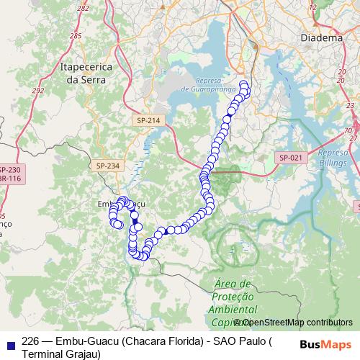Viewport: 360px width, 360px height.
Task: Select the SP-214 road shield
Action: (148, 121)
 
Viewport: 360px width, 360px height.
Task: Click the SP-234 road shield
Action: (107, 166)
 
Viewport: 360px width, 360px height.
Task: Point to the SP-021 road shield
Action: (290, 157)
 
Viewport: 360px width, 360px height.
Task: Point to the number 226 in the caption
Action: (30, 341)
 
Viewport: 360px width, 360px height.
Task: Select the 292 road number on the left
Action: (37, 91)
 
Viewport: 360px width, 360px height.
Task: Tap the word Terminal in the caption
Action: (46, 354)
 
